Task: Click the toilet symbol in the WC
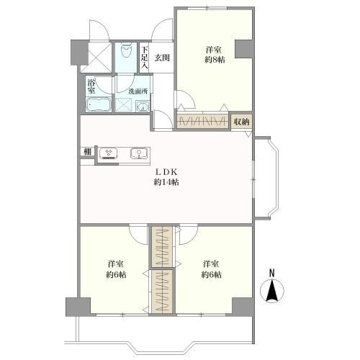[x=126, y=50]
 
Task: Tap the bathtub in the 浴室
[x=99, y=104]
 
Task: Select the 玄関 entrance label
[x=162, y=58]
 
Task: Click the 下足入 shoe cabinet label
[x=144, y=58]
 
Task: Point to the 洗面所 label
[x=138, y=91]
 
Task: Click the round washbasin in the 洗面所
[x=143, y=106]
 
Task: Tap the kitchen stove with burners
[x=108, y=153]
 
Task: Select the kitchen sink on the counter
[x=139, y=153]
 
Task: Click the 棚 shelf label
[x=88, y=152]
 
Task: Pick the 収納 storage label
[x=241, y=122]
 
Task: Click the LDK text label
[x=166, y=172]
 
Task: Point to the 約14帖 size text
[x=166, y=182]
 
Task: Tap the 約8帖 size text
[x=215, y=60]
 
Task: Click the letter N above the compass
[x=271, y=273]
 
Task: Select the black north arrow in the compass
[x=271, y=290]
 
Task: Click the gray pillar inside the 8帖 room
[x=243, y=49]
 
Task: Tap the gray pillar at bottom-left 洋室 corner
[x=78, y=307]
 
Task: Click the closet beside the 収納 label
[x=202, y=121]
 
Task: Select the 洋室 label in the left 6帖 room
[x=116, y=264]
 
